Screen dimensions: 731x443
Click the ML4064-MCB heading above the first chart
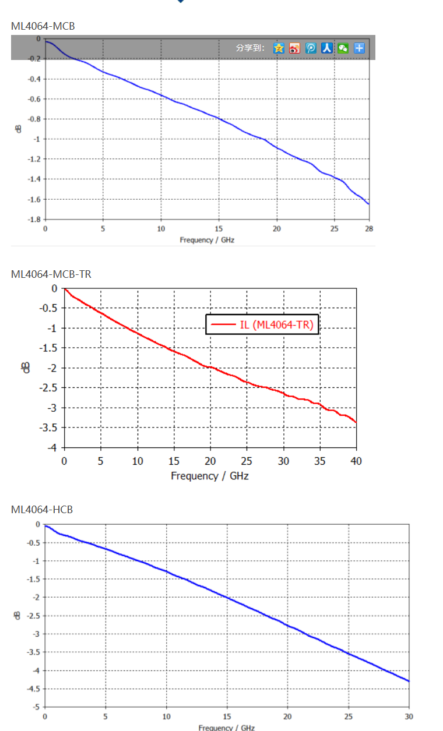coord(43,26)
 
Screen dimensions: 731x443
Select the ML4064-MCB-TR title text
coord(51,274)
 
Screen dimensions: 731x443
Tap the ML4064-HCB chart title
coord(42,510)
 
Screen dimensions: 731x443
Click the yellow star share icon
coord(279,48)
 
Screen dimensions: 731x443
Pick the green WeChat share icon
coord(343,48)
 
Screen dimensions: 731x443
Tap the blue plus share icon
coord(359,48)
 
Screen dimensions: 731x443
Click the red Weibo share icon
coord(295,48)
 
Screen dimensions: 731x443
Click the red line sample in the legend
coord(223,324)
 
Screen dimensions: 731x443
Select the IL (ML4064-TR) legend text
coord(276,324)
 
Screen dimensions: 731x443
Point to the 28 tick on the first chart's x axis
coord(368,228)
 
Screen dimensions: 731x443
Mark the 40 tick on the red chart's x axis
coord(356,461)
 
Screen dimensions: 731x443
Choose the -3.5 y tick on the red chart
coord(49,428)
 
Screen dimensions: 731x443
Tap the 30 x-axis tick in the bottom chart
coord(409,716)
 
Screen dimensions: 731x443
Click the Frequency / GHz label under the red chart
coord(210,476)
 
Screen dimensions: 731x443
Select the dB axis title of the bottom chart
coord(18,615)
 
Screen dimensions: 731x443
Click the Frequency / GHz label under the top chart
coord(207,239)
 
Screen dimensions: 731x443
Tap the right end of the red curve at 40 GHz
coord(355,422)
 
